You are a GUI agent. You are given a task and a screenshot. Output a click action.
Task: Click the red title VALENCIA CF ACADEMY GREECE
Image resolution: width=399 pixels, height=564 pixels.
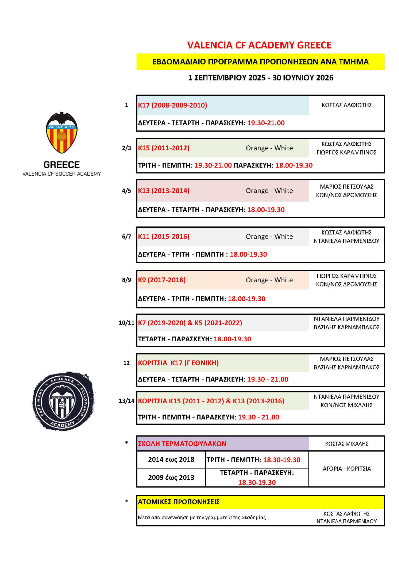(x=259, y=45)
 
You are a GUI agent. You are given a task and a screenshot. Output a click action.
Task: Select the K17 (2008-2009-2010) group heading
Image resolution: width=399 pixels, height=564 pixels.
(x=172, y=105)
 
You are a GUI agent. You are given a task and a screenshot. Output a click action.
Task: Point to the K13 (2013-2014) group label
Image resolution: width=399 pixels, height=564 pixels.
(x=164, y=191)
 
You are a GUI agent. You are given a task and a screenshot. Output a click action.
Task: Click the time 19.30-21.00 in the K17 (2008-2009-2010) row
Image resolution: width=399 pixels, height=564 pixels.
(x=266, y=123)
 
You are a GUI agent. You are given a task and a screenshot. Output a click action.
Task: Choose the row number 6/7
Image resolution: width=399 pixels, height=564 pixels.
(x=127, y=236)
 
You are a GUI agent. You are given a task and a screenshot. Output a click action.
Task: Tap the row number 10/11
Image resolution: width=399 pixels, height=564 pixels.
(x=126, y=323)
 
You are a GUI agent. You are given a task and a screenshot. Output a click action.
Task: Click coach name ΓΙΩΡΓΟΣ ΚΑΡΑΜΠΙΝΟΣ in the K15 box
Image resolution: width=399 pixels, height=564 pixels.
(x=346, y=152)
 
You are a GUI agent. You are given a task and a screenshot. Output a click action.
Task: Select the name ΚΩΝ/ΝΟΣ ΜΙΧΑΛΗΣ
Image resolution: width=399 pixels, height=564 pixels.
(x=346, y=405)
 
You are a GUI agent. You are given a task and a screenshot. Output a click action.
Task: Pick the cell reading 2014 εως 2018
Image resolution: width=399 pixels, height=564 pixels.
(x=171, y=459)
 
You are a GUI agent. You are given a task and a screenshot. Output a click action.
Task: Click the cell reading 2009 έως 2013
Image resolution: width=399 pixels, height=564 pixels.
(x=171, y=477)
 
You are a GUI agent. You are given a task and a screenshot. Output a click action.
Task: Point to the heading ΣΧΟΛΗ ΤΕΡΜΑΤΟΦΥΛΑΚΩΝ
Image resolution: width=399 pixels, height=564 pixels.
(x=182, y=444)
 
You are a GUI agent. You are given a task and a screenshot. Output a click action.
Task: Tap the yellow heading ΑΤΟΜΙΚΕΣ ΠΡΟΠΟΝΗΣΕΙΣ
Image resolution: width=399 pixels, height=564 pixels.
(x=179, y=502)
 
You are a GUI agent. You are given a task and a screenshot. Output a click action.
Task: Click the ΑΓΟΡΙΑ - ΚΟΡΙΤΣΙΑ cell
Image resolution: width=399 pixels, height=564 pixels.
(x=347, y=469)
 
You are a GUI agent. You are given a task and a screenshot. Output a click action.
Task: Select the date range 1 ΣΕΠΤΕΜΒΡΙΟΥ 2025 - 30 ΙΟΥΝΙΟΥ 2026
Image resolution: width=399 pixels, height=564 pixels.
(x=261, y=78)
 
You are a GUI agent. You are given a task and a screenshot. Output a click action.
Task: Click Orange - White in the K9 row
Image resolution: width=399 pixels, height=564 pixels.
(x=269, y=280)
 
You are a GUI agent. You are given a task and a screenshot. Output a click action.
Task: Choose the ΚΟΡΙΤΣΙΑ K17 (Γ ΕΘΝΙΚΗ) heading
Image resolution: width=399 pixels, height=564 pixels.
(x=178, y=363)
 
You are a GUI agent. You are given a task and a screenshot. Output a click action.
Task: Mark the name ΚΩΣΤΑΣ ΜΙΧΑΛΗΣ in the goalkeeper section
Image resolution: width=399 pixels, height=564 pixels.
(x=346, y=444)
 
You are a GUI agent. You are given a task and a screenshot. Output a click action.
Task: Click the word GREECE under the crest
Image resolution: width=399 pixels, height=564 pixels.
(x=62, y=164)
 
